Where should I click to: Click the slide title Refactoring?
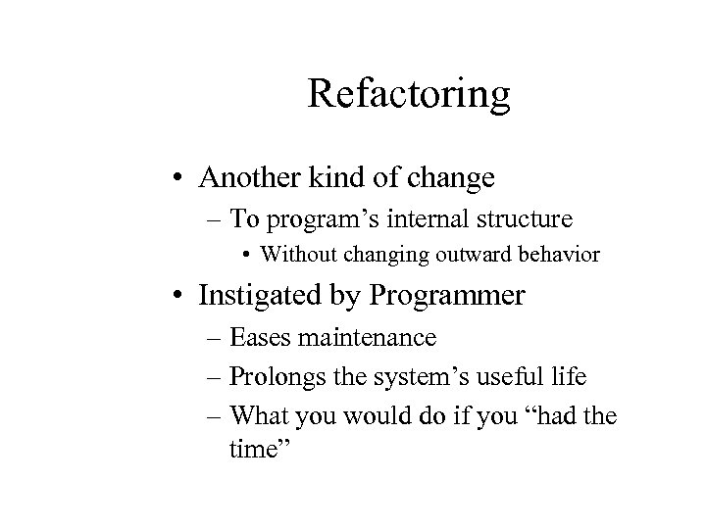pyautogui.click(x=409, y=95)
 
